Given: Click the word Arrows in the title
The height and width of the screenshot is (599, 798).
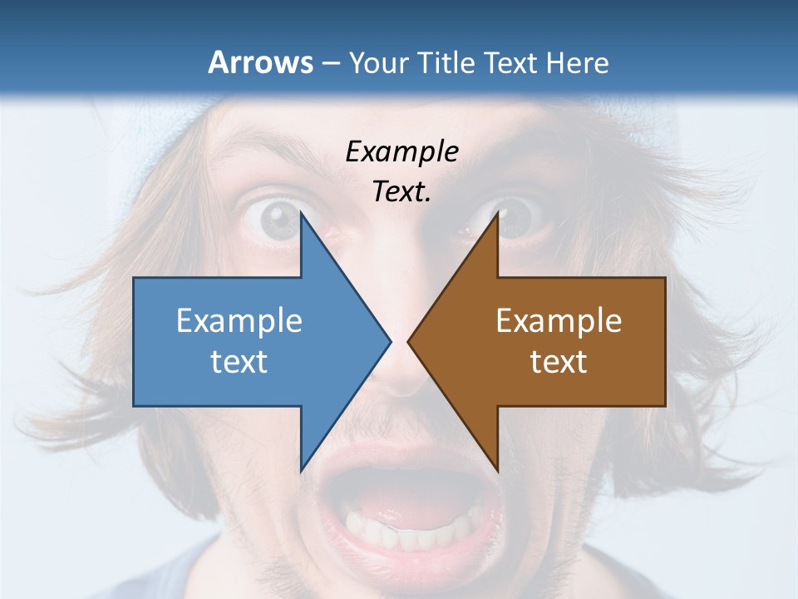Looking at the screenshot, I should point(260,62).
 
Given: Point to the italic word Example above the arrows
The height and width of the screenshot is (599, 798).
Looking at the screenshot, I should point(401,151).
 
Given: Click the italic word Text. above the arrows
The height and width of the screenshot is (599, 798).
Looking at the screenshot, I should point(401,191).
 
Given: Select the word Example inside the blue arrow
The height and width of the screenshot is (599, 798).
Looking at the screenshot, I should point(239,320).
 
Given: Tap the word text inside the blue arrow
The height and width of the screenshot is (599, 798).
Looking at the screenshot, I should point(239,361).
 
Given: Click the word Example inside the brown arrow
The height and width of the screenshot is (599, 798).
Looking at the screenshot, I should point(559,320).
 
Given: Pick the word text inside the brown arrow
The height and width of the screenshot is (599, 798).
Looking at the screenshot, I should point(559,361).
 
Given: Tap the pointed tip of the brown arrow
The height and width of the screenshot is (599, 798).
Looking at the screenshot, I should point(409,341).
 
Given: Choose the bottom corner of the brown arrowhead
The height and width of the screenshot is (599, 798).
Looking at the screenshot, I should point(497,470).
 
